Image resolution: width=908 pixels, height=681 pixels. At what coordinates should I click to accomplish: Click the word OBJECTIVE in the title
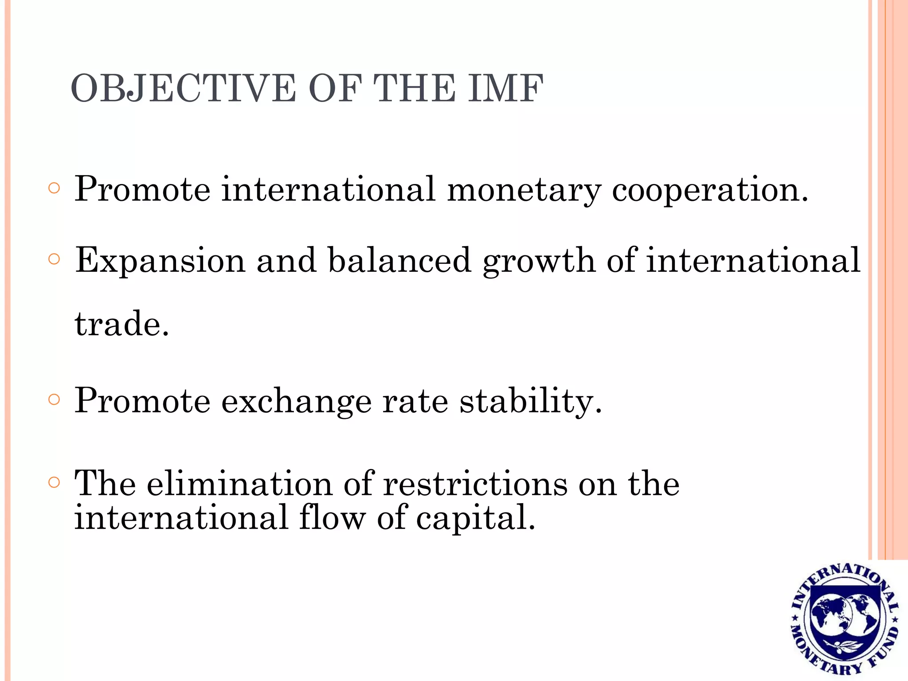point(183,88)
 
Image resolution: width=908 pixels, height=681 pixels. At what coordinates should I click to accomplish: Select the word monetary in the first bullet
point(524,190)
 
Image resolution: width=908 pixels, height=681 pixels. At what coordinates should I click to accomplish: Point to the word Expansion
point(160,261)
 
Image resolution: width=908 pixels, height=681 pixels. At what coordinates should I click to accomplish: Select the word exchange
point(296,401)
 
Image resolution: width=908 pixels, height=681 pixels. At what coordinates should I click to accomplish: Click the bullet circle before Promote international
point(54,188)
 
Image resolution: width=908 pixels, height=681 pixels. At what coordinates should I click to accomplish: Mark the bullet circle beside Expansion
point(54,259)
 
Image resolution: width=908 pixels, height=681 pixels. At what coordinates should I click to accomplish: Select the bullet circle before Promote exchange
point(54,400)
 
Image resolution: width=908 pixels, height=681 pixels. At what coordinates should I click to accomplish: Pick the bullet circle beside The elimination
point(54,482)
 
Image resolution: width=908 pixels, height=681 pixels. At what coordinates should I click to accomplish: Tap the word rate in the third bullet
point(415,401)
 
